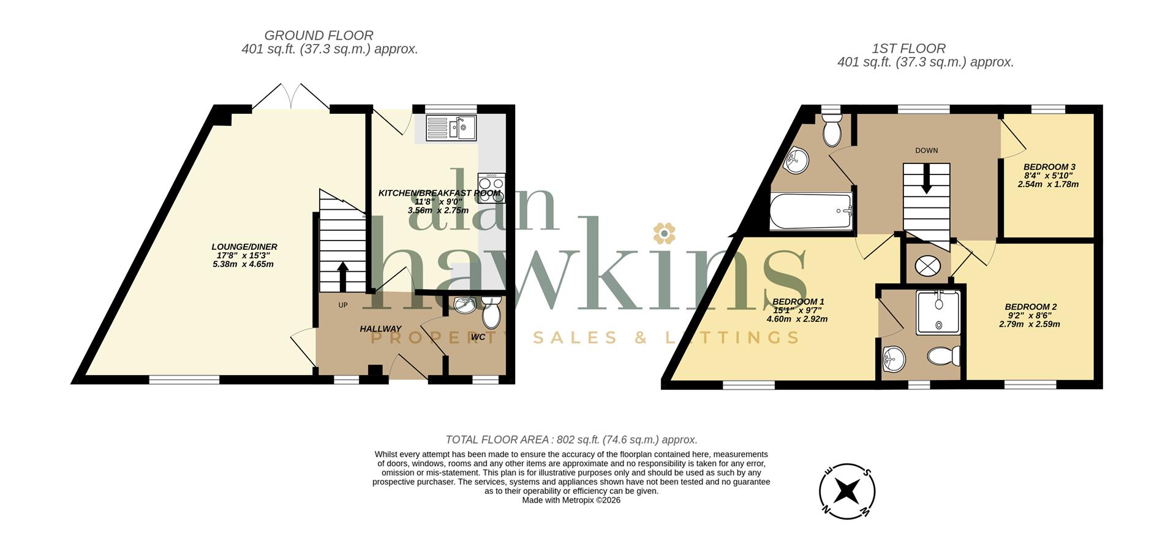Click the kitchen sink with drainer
[452, 128]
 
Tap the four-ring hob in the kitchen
[492, 188]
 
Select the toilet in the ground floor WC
[491, 313]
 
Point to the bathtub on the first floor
[811, 212]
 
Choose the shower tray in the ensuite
[938, 312]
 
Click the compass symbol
[847, 491]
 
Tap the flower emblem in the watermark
[663, 233]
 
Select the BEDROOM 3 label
[1049, 166]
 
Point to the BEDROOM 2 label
[1031, 307]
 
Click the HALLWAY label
[380, 329]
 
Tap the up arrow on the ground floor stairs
[342, 277]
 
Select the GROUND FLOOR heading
[318, 35]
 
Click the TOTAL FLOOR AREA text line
[571, 439]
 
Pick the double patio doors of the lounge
[292, 97]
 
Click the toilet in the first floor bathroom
[832, 130]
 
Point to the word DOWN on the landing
[926, 151]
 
